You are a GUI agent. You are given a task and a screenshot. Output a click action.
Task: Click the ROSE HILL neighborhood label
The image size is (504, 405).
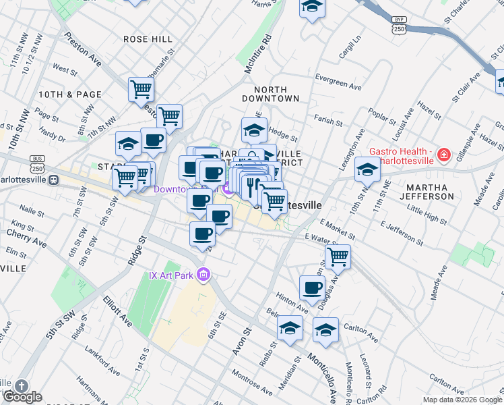point(148,39)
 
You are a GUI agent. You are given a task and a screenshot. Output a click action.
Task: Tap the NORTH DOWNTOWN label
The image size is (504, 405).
point(276,94)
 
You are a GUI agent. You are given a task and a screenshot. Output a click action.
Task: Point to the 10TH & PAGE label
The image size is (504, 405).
point(70,94)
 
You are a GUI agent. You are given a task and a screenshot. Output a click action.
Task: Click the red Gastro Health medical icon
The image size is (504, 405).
point(443,155)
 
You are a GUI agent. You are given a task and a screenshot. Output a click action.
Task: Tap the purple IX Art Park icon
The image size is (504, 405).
point(206,275)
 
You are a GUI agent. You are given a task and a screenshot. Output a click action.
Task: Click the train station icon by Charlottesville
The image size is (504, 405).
point(53,181)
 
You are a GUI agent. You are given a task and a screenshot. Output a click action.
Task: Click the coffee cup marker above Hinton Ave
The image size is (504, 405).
point(312,288)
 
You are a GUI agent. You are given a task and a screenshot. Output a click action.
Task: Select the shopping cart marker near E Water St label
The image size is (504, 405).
point(338,256)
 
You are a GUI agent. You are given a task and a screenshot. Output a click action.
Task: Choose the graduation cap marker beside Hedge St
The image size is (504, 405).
point(254,130)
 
